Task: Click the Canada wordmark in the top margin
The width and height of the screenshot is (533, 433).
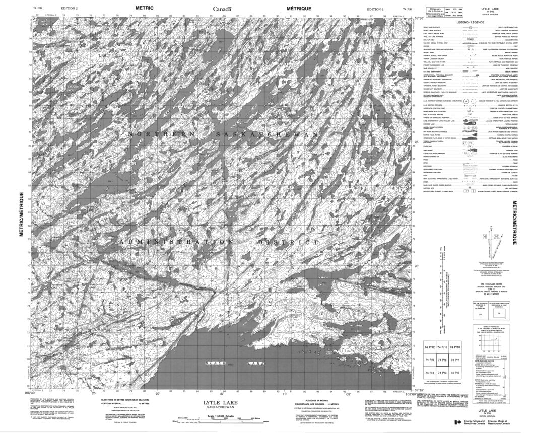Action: click(222, 9)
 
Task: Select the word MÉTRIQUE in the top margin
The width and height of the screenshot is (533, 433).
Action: click(299, 8)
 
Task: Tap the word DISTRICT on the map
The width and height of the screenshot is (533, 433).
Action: click(290, 242)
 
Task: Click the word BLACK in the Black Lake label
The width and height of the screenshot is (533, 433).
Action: click(214, 363)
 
